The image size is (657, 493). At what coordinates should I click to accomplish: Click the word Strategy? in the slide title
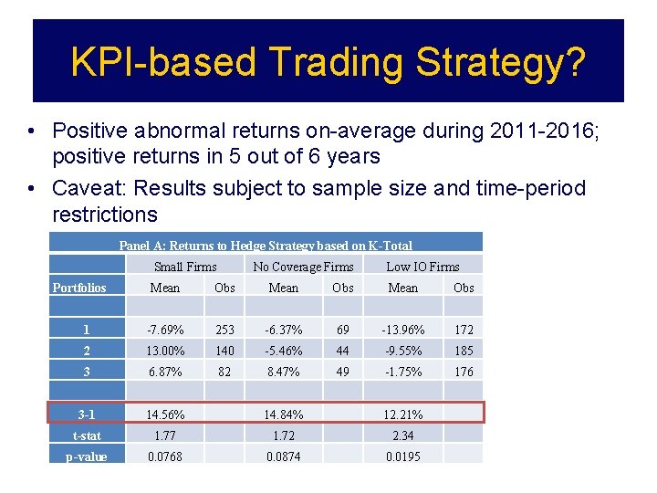pyautogui.click(x=501, y=62)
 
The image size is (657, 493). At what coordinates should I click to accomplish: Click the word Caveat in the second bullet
pyautogui.click(x=91, y=189)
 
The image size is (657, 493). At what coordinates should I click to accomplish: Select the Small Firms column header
pyautogui.click(x=185, y=267)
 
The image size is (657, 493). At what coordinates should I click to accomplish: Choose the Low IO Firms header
pyautogui.click(x=422, y=267)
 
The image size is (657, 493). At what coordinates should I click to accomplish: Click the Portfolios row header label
pyautogui.click(x=79, y=288)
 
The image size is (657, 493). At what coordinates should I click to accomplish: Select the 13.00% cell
pyautogui.click(x=165, y=351)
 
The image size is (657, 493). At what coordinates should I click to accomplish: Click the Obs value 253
pyautogui.click(x=224, y=330)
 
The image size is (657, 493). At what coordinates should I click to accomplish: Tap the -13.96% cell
pyautogui.click(x=402, y=330)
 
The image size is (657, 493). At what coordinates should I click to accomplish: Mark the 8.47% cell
pyautogui.click(x=284, y=372)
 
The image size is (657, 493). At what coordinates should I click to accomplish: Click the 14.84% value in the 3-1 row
pyautogui.click(x=284, y=414)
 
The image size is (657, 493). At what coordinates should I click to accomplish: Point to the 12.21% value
pyautogui.click(x=402, y=414)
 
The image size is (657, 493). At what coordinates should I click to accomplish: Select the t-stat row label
pyautogui.click(x=87, y=435)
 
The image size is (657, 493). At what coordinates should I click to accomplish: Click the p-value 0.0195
pyautogui.click(x=402, y=456)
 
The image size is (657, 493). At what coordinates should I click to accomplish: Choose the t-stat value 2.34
pyautogui.click(x=402, y=435)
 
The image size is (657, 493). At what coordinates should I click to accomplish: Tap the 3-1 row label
pyautogui.click(x=87, y=414)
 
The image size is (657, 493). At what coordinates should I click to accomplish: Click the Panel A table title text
pyautogui.click(x=266, y=246)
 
